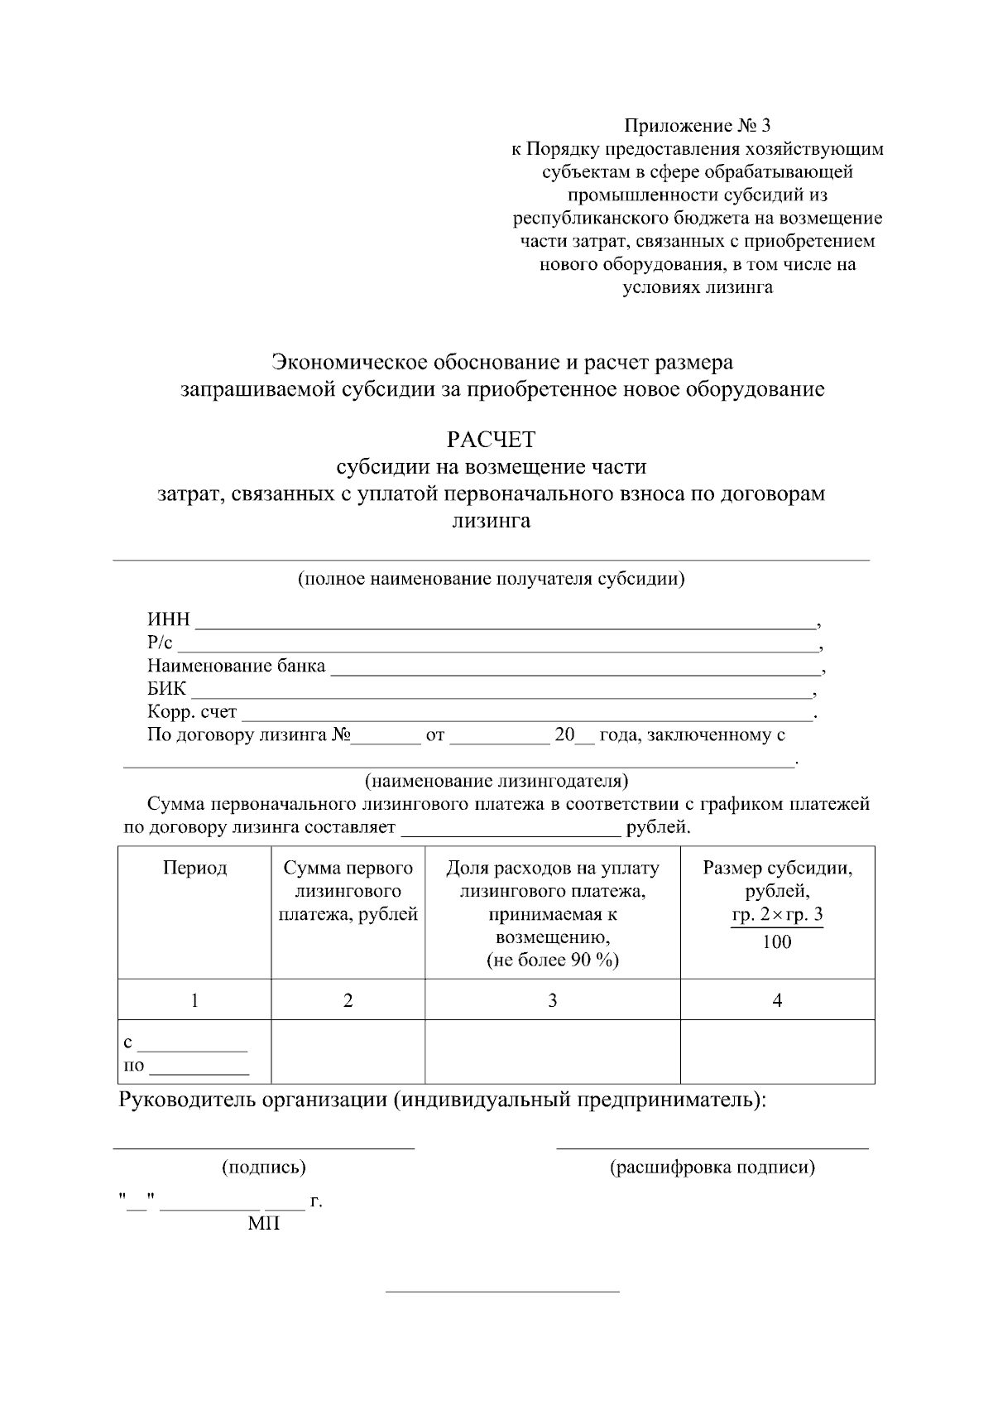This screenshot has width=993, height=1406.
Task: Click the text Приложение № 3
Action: click(x=697, y=126)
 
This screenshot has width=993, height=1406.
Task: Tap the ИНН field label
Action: click(x=169, y=619)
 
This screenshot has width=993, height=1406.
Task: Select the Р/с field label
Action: click(x=160, y=643)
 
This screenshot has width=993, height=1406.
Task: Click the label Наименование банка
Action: click(x=236, y=666)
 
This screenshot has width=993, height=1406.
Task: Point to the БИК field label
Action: click(x=167, y=689)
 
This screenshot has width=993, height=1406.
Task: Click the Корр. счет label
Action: click(x=192, y=712)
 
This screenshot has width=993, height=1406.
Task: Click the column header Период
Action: click(x=194, y=868)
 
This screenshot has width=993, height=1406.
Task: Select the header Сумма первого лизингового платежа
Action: click(x=348, y=891)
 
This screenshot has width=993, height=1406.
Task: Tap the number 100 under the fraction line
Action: click(x=776, y=941)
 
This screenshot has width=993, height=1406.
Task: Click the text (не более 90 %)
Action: click(x=552, y=960)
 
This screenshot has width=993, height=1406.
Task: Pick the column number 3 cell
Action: click(x=552, y=1000)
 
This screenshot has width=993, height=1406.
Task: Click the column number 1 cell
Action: click(x=194, y=1000)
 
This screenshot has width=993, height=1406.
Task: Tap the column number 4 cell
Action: click(x=777, y=1000)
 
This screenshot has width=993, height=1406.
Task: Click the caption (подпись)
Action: click(x=263, y=1168)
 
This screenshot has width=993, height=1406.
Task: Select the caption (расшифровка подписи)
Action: click(x=712, y=1168)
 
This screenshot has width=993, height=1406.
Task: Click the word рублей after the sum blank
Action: click(x=658, y=826)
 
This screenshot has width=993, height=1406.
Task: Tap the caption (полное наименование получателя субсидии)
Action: click(x=492, y=578)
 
